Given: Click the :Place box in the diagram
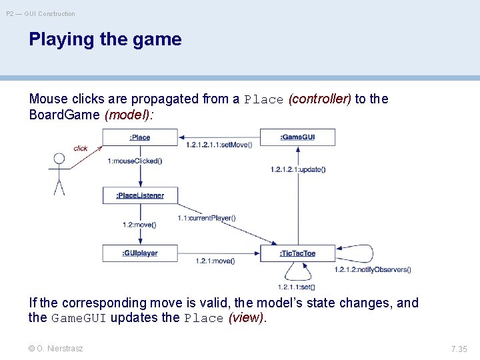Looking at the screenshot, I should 140,137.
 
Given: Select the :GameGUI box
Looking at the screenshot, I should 297,137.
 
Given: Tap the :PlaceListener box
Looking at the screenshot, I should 140,195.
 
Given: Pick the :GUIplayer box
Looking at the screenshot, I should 140,253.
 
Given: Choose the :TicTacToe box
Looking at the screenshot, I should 297,253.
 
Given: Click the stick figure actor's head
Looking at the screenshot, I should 59,159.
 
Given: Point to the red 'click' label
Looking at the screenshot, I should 81,149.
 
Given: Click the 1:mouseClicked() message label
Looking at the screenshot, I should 135,161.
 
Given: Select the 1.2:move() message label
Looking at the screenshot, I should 139,225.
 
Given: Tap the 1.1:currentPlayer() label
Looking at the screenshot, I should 206,218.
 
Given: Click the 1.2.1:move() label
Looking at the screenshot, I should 215,261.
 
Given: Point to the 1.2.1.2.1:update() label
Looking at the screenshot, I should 298,169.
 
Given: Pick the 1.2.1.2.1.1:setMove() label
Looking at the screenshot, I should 219,145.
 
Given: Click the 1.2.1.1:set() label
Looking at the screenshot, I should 297,287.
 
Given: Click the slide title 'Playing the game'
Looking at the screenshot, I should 105,39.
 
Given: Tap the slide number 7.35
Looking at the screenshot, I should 459,349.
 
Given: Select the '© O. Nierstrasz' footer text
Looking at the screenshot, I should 56,348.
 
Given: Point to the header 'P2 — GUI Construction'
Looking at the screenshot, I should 41,13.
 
